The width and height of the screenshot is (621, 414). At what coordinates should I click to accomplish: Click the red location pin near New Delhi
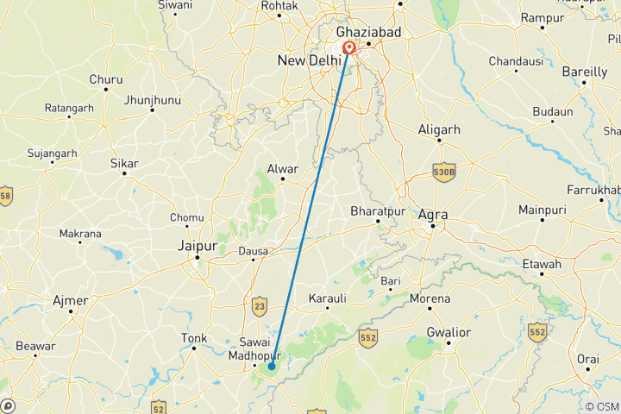(x=348, y=47)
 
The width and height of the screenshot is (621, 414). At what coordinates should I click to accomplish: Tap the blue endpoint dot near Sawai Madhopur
(x=271, y=367)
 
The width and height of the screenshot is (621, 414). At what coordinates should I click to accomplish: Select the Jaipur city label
(x=196, y=246)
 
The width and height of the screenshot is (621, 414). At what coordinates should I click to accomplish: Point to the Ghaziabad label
(x=369, y=31)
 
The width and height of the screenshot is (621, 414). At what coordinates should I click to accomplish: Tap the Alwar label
(x=282, y=168)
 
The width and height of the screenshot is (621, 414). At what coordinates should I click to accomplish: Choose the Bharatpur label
(x=378, y=210)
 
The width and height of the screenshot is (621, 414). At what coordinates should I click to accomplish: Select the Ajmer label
(x=71, y=299)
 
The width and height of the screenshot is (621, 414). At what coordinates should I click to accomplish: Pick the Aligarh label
(x=439, y=129)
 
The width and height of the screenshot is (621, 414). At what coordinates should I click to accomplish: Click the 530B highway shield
(x=443, y=173)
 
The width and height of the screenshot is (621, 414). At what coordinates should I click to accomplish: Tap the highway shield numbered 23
(x=260, y=304)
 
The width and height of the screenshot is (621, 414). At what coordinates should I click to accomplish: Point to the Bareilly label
(x=586, y=72)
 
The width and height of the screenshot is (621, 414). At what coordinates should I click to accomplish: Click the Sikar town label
(x=124, y=163)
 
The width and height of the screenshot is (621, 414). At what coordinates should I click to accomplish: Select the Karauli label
(x=328, y=298)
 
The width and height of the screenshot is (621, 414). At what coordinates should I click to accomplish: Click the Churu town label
(x=105, y=79)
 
